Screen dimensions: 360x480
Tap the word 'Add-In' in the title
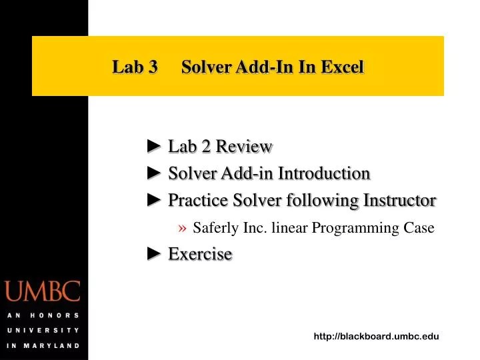268,67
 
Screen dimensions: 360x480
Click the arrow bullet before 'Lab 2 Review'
155,146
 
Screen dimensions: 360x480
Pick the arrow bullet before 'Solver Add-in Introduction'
155,173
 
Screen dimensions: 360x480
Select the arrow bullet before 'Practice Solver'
155,200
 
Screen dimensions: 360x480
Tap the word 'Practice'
197,200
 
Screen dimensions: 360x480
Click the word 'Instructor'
399,200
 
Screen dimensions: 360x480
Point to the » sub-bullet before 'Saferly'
183,228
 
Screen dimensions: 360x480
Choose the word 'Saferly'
216,228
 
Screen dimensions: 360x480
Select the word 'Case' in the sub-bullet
419,228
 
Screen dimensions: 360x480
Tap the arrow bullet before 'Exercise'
155,253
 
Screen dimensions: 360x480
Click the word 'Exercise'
200,254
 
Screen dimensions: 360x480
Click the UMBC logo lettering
43,292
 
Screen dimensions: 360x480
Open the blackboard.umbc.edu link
376,337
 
